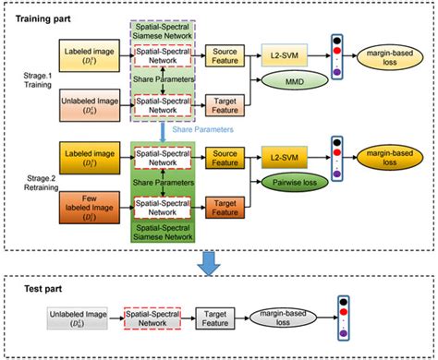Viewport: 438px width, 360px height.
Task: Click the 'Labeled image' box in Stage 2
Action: (x=91, y=151)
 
